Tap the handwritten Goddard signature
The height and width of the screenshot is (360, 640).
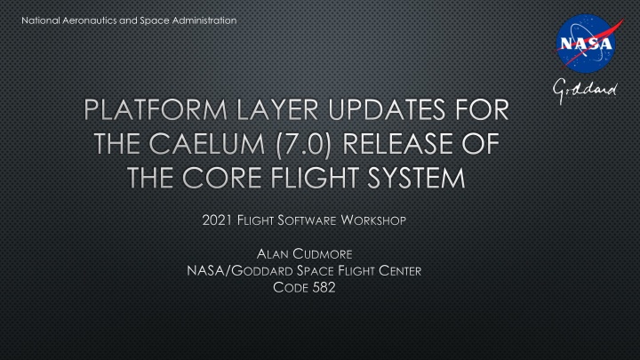(585, 91)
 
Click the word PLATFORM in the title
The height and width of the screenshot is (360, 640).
(156, 110)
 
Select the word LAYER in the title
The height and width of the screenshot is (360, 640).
(277, 110)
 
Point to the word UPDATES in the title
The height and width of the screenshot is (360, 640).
(386, 110)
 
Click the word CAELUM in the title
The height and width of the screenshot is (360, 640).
(207, 144)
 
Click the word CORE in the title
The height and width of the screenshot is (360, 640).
(221, 178)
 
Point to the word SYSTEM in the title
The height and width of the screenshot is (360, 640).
(416, 178)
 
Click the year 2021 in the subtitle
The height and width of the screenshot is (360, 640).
(217, 220)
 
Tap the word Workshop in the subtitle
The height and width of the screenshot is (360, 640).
(373, 220)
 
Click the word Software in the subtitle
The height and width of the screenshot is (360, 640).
(307, 220)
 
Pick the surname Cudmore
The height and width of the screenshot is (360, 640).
(323, 254)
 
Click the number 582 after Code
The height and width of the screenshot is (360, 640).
(324, 287)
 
